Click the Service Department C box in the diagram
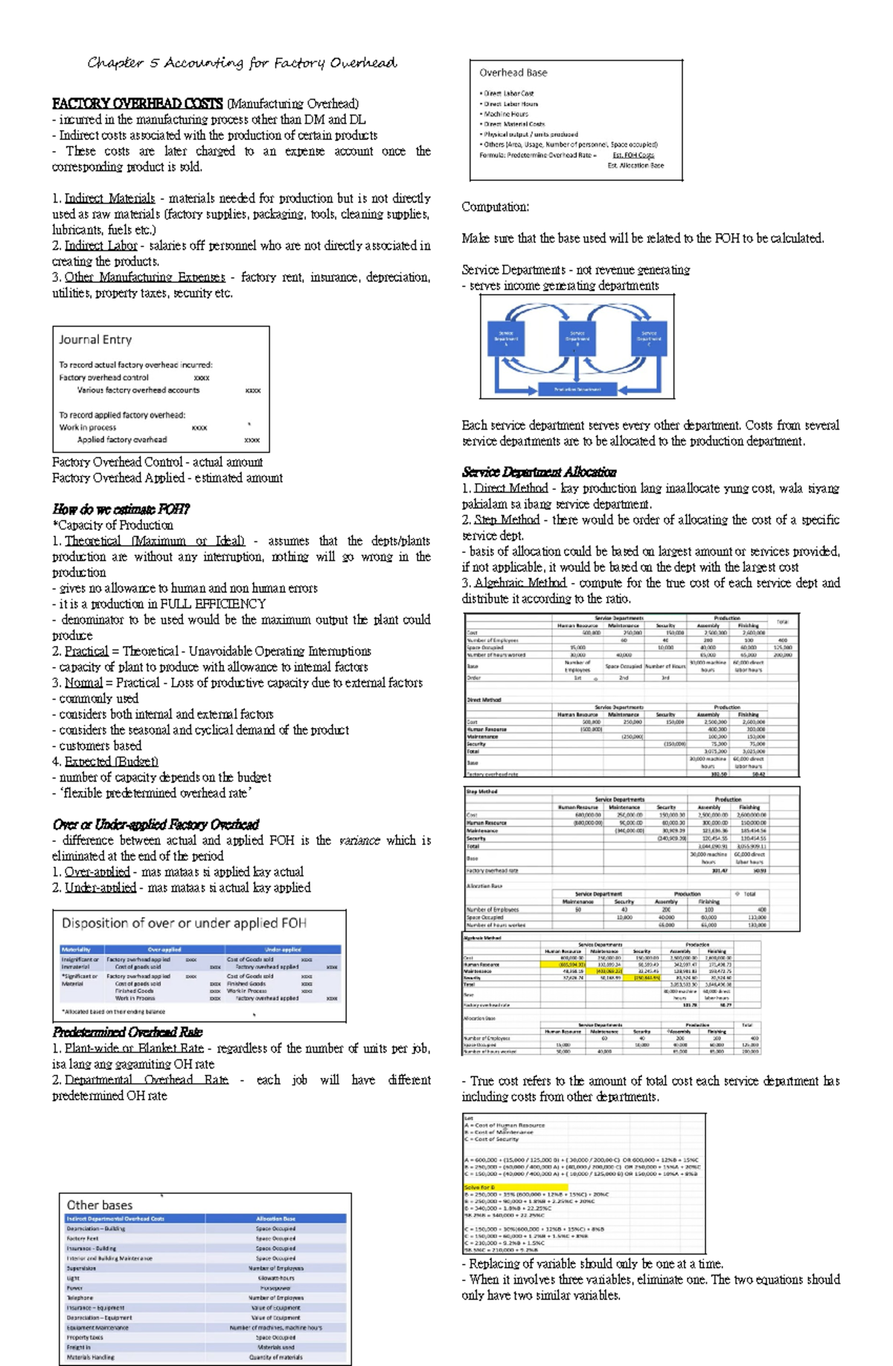tap(648, 337)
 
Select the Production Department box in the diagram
tap(577, 389)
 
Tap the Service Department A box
tap(506, 337)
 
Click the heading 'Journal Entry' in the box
tap(95, 339)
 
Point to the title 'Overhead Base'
tap(513, 72)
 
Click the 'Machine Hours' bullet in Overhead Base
tap(506, 114)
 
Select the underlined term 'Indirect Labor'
tap(100, 246)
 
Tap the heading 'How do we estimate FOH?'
tap(121, 509)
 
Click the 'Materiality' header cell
tap(76, 950)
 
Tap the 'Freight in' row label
tap(78, 1347)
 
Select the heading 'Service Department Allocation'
tap(539, 472)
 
